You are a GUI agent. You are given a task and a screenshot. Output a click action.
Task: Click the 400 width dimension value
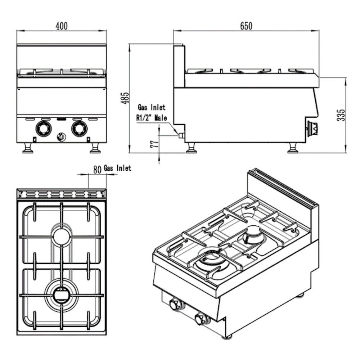point(62,26)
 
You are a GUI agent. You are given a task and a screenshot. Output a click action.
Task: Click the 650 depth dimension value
point(246,26)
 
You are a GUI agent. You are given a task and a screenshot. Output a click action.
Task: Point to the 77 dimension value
point(154,144)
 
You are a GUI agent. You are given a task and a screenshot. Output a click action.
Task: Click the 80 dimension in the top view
point(96,170)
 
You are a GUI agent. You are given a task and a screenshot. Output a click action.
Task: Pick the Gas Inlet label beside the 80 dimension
point(117,168)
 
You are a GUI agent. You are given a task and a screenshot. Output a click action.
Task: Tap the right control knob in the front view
point(78,128)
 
